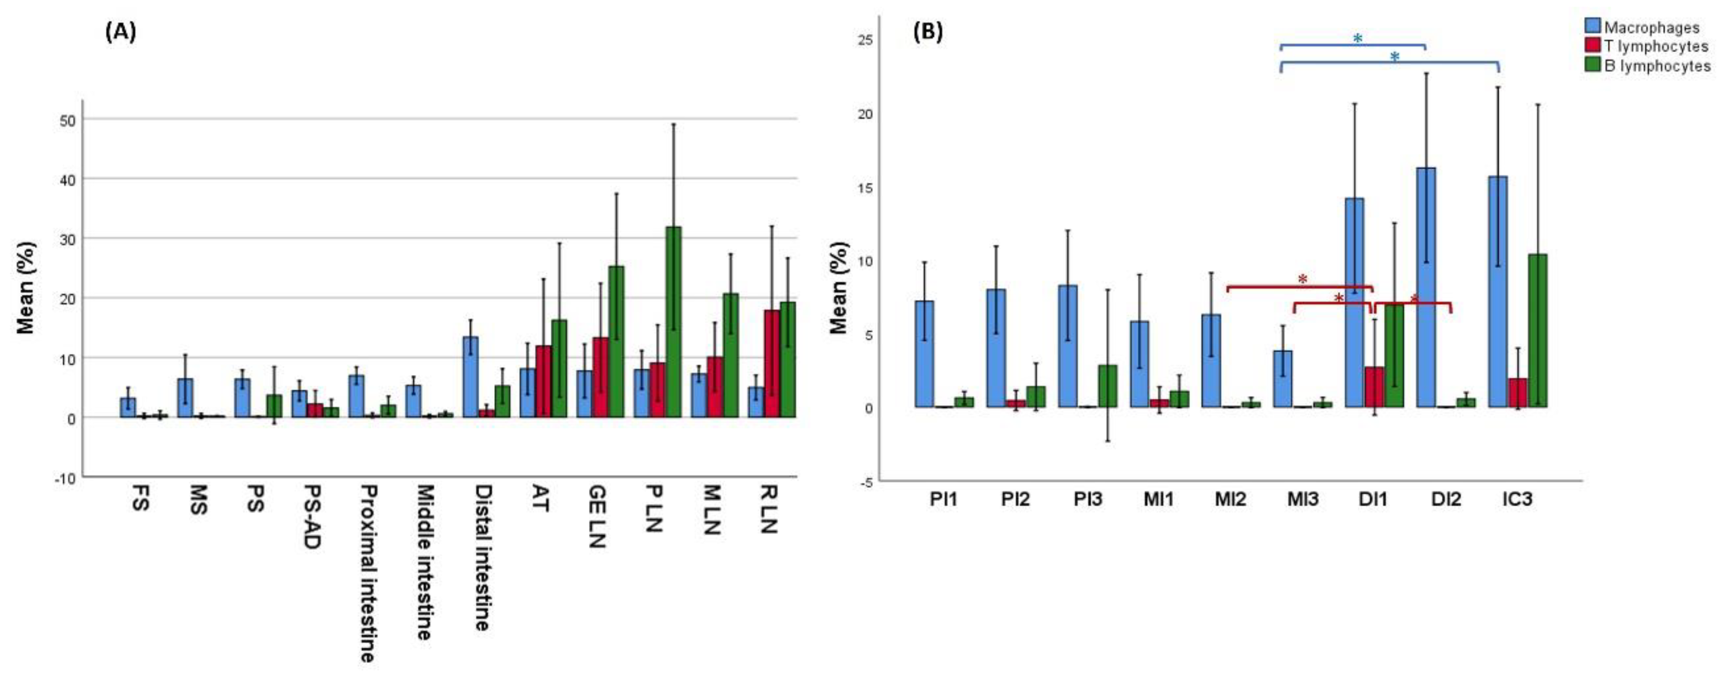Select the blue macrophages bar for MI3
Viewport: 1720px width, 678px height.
tap(1283, 379)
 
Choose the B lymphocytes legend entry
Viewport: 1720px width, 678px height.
tap(1656, 65)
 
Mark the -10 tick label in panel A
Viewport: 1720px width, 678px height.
tap(65, 478)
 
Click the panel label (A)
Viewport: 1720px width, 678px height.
tap(121, 32)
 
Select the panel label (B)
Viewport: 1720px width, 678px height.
tap(927, 32)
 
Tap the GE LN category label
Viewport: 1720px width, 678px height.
tap(596, 518)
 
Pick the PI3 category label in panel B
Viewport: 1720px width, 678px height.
tap(1088, 499)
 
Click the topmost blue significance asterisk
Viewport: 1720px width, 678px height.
tap(1357, 39)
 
